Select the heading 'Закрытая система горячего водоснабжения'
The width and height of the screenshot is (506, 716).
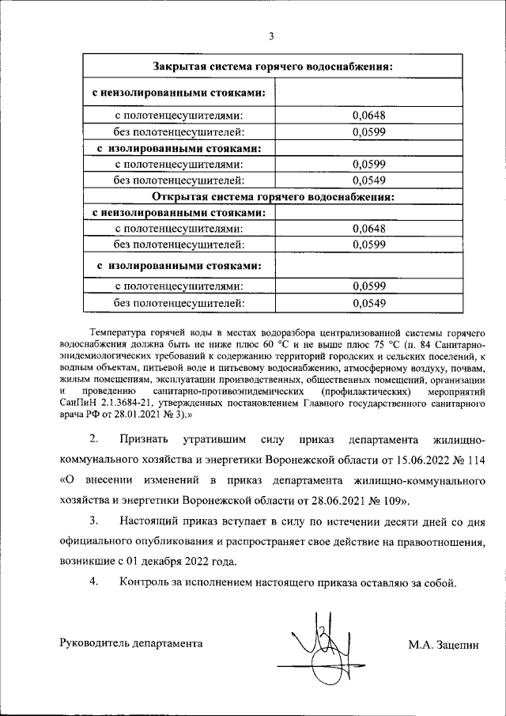point(273,66)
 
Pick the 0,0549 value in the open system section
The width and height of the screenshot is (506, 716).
point(368,302)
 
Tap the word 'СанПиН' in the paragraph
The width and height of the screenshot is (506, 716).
point(76,403)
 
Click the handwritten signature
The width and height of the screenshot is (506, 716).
point(321,642)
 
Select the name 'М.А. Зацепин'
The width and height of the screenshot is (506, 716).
point(444,644)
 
